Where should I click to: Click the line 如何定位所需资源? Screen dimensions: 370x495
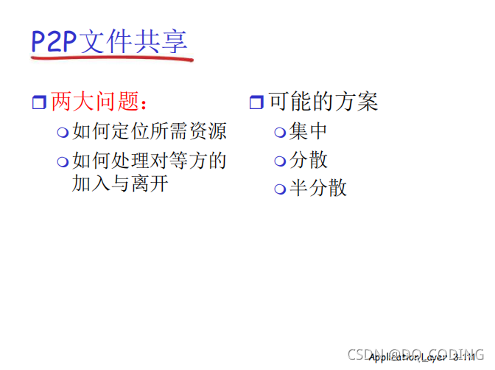[x=149, y=132]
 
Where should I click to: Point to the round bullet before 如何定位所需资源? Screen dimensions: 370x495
[x=64, y=133]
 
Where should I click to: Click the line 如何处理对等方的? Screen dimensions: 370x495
[x=149, y=161]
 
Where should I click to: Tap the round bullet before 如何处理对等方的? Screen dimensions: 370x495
[x=64, y=161]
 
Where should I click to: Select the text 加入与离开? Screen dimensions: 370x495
[x=120, y=183]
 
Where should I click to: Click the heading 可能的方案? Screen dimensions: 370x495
[x=323, y=102]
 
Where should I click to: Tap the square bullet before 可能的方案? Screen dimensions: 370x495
[x=256, y=102]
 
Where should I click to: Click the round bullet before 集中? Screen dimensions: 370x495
[x=280, y=133]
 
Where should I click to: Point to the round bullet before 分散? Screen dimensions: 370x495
[x=280, y=161]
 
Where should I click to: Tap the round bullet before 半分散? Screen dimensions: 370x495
[x=280, y=189]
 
